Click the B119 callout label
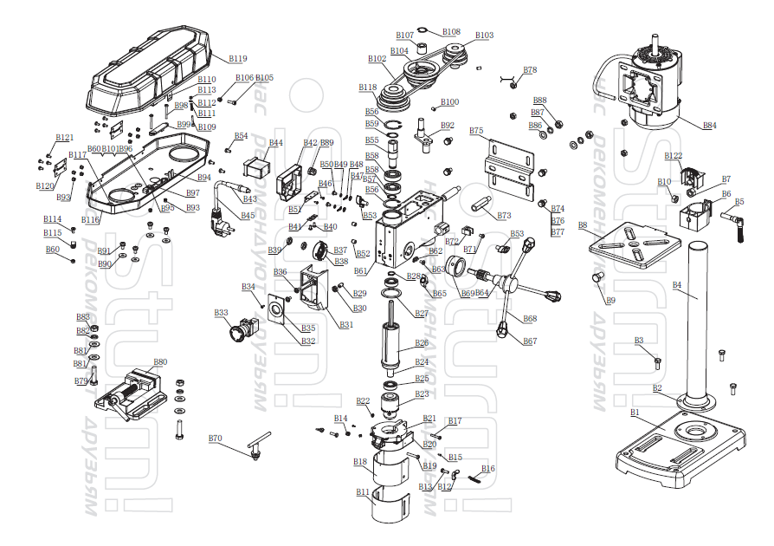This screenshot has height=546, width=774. pyautogui.click(x=238, y=59)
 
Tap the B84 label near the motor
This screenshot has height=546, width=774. pyautogui.click(x=709, y=126)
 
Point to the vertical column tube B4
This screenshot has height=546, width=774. pyautogui.click(x=698, y=321)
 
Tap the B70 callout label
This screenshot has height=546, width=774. pyautogui.click(x=216, y=439)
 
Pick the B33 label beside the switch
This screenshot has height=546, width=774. pyautogui.click(x=221, y=312)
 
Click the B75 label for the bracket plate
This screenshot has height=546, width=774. pyautogui.click(x=476, y=131)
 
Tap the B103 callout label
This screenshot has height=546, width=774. pyautogui.click(x=485, y=36)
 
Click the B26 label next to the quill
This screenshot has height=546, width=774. pyautogui.click(x=422, y=343)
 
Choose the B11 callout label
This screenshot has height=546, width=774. pyautogui.click(x=363, y=492)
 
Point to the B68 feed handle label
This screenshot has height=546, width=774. pyautogui.click(x=530, y=319)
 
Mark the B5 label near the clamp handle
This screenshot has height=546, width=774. pyautogui.click(x=739, y=202)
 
